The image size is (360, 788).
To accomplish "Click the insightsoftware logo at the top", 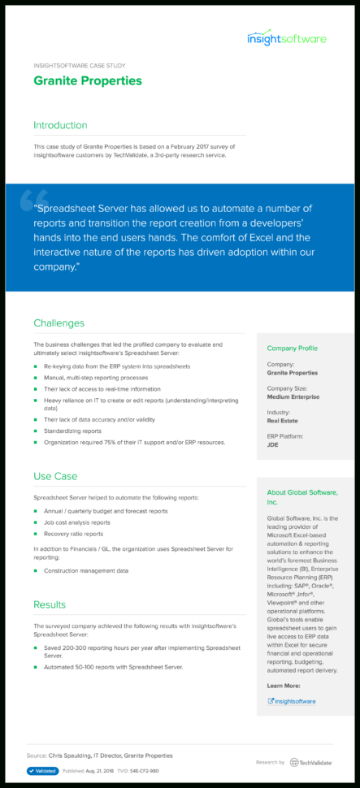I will tap(287, 38).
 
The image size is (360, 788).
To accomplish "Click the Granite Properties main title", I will tap(88, 80).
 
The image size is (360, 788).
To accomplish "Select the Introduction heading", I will tap(60, 125).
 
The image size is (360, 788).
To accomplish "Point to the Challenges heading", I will tap(59, 323).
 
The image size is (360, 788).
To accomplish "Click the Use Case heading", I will tap(55, 475).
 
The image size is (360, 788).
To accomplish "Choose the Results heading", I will tap(50, 604).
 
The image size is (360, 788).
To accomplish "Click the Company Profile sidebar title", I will tap(292, 348).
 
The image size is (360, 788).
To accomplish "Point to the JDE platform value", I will tap(273, 446).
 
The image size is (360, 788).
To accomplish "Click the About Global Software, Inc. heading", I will tap(301, 497).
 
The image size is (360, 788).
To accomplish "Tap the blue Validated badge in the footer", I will tap(42, 771).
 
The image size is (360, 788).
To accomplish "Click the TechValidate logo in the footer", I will tap(310, 762).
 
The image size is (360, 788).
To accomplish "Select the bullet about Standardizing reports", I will tap(73, 431).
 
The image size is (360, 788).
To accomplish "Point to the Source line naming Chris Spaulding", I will tap(99, 755).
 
